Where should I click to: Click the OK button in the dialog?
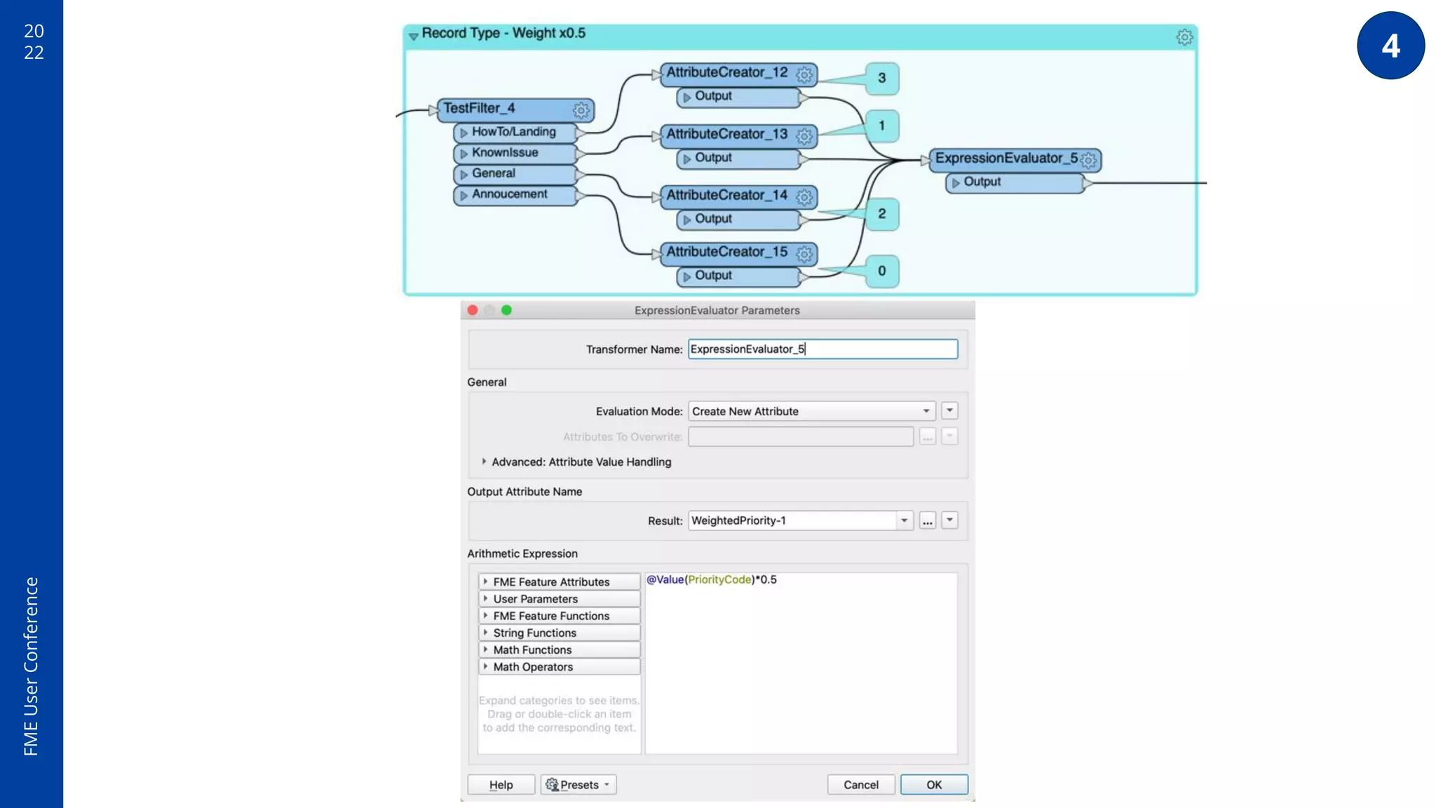coord(933,784)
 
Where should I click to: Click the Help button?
coord(501,784)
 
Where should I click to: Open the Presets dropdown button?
coord(578,784)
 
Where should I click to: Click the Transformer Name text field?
coord(822,349)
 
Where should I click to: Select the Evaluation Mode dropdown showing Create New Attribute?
coord(812,411)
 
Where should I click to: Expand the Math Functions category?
coord(532,650)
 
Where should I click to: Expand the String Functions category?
coord(534,633)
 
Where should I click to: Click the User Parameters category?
coord(535,599)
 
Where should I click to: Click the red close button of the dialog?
coord(473,310)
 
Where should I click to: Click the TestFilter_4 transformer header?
coord(505,109)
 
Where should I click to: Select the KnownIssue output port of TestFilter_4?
coord(515,153)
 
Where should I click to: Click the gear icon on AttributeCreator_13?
coord(804,136)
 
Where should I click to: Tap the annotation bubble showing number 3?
coord(881,79)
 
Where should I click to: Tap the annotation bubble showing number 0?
coord(881,271)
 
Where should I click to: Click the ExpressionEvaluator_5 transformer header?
coord(1005,159)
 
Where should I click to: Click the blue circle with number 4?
coord(1390,46)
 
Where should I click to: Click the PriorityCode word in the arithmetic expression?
coord(719,579)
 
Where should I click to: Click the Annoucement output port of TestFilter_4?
coord(515,194)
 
